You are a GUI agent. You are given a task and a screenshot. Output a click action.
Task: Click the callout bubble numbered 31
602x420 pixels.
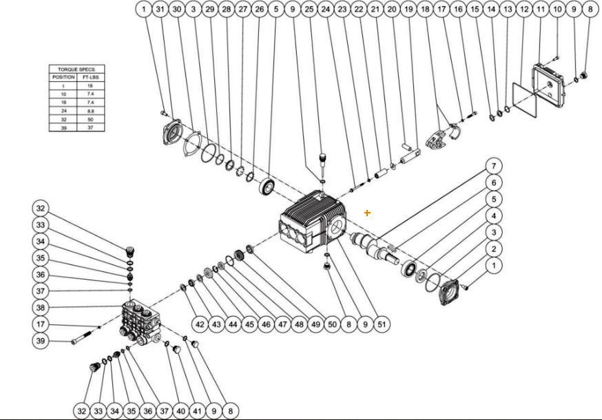click(x=160, y=10)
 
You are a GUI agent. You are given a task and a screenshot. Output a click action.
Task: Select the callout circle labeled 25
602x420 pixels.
click(x=309, y=10)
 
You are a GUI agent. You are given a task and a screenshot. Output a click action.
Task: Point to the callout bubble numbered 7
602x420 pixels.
click(x=493, y=166)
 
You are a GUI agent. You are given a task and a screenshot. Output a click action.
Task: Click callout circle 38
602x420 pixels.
click(x=41, y=308)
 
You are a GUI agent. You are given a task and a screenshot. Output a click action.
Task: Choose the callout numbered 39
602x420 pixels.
click(x=41, y=341)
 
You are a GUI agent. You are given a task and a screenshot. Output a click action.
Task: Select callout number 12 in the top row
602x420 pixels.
click(x=523, y=10)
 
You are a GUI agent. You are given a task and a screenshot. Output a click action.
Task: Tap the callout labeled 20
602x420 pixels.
click(x=391, y=10)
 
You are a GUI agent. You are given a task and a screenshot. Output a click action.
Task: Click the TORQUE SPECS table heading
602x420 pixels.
click(x=76, y=70)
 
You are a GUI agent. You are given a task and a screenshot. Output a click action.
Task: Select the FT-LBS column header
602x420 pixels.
click(x=92, y=78)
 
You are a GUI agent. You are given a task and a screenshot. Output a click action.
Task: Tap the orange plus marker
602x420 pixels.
click(x=367, y=213)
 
